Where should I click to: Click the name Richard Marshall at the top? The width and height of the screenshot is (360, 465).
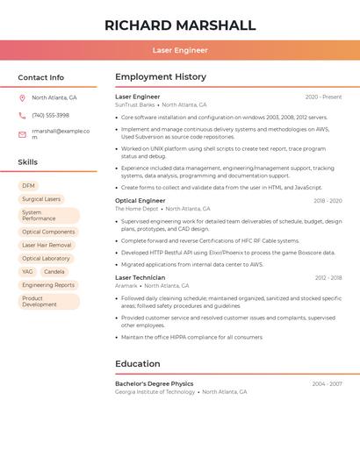[180, 25]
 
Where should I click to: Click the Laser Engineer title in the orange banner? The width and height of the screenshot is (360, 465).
[180, 50]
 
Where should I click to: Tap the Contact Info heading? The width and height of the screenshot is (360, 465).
[40, 77]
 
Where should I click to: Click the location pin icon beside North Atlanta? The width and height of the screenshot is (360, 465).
[22, 98]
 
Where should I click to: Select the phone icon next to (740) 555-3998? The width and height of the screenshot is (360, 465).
[22, 115]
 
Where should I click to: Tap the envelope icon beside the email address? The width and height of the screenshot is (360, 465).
[22, 134]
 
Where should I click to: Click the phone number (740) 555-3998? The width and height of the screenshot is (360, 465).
[50, 115]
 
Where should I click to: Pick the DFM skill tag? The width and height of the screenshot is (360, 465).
[28, 186]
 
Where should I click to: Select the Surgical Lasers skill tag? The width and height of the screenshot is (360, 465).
[41, 199]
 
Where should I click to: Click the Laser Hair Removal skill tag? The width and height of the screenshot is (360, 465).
[47, 245]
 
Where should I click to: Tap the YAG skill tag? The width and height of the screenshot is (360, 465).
[27, 272]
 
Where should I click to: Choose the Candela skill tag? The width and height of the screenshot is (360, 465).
[54, 272]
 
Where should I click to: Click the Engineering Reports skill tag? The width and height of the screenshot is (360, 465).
[48, 285]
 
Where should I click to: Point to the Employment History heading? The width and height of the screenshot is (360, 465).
[161, 77]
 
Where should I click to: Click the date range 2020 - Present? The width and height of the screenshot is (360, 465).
[323, 97]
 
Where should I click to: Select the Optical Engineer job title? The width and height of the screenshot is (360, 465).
[140, 201]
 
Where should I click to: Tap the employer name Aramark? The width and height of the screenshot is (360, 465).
[126, 285]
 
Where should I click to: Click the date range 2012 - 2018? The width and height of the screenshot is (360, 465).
[327, 277]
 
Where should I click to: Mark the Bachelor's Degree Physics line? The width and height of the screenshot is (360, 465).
[155, 383]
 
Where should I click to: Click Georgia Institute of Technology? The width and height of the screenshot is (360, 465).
[155, 392]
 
